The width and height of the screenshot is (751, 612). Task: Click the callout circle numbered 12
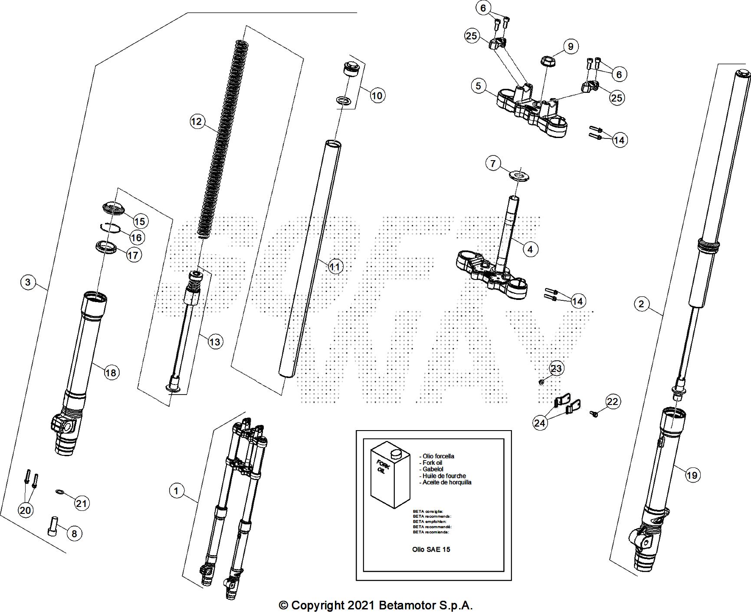click(197, 121)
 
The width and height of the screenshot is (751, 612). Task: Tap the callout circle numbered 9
click(571, 46)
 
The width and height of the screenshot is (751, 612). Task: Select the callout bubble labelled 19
click(692, 475)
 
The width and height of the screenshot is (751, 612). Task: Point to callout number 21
click(82, 503)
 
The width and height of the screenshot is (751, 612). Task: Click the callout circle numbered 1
click(176, 491)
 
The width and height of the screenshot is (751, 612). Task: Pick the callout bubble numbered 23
click(556, 369)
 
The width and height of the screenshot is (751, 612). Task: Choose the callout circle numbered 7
click(492, 164)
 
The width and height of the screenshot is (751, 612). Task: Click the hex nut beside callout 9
click(548, 60)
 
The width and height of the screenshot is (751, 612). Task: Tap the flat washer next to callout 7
click(519, 176)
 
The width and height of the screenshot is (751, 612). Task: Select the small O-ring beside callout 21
click(59, 492)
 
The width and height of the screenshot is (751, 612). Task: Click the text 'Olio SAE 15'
click(431, 549)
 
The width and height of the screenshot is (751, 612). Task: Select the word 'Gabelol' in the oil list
click(433, 469)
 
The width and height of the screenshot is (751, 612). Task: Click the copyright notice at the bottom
click(375, 605)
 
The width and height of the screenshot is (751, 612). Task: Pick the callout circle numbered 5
click(478, 86)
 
